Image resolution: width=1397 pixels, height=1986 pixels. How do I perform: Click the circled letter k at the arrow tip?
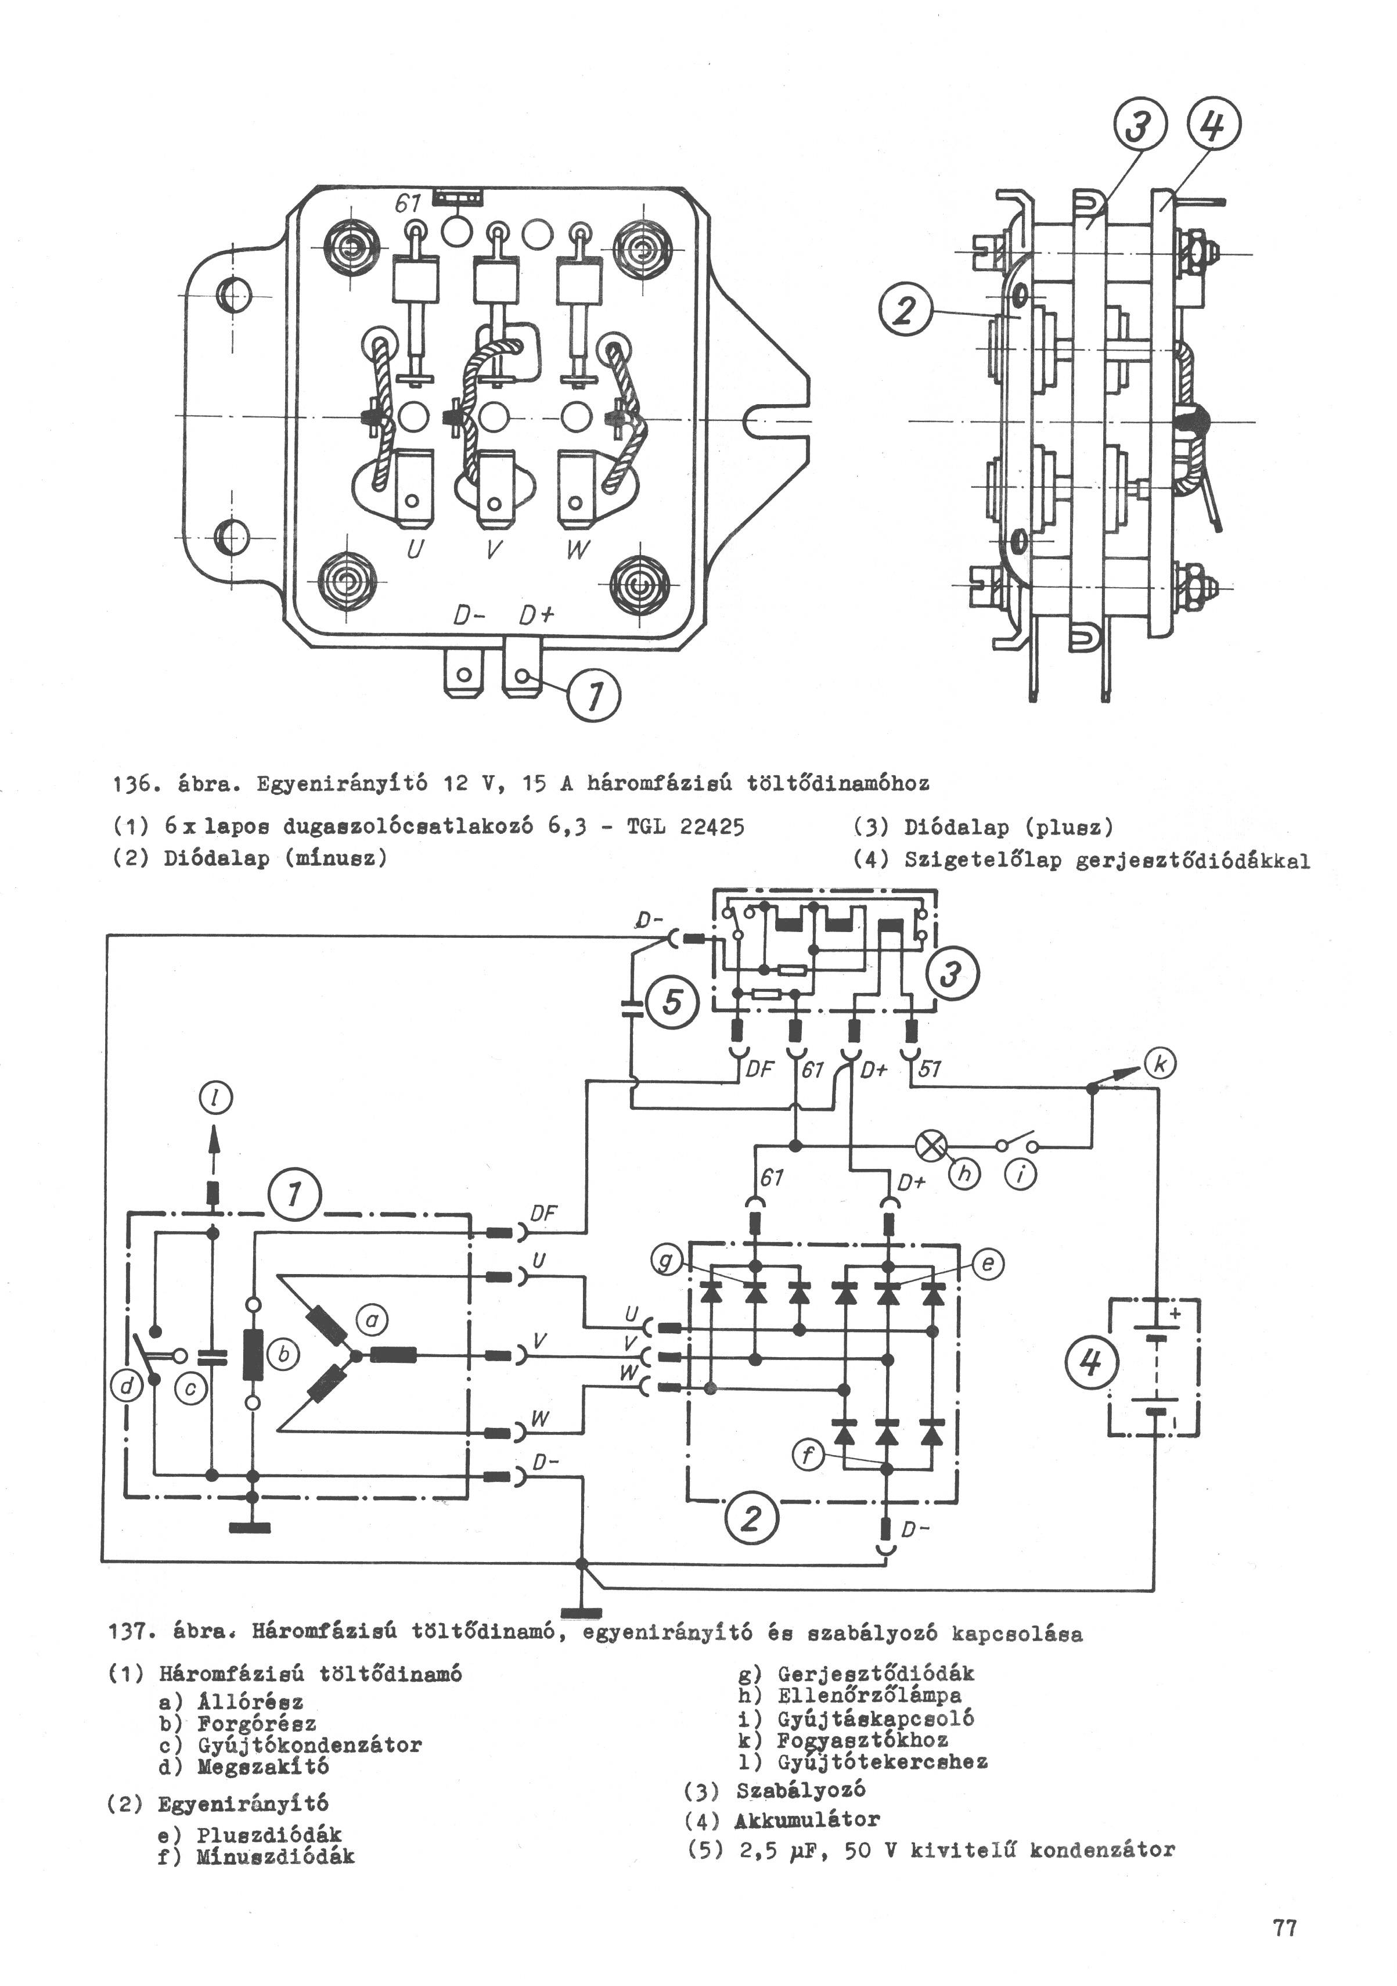click(x=1159, y=1064)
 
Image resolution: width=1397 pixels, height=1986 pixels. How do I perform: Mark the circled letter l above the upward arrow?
click(x=213, y=1099)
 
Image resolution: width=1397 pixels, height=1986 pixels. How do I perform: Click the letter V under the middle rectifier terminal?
click(x=491, y=548)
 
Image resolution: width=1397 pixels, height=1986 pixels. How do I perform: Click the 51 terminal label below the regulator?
click(x=929, y=1069)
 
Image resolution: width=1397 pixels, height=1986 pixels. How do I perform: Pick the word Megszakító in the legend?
click(x=263, y=1766)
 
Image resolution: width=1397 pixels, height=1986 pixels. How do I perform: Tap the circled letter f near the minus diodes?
click(x=807, y=1456)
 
